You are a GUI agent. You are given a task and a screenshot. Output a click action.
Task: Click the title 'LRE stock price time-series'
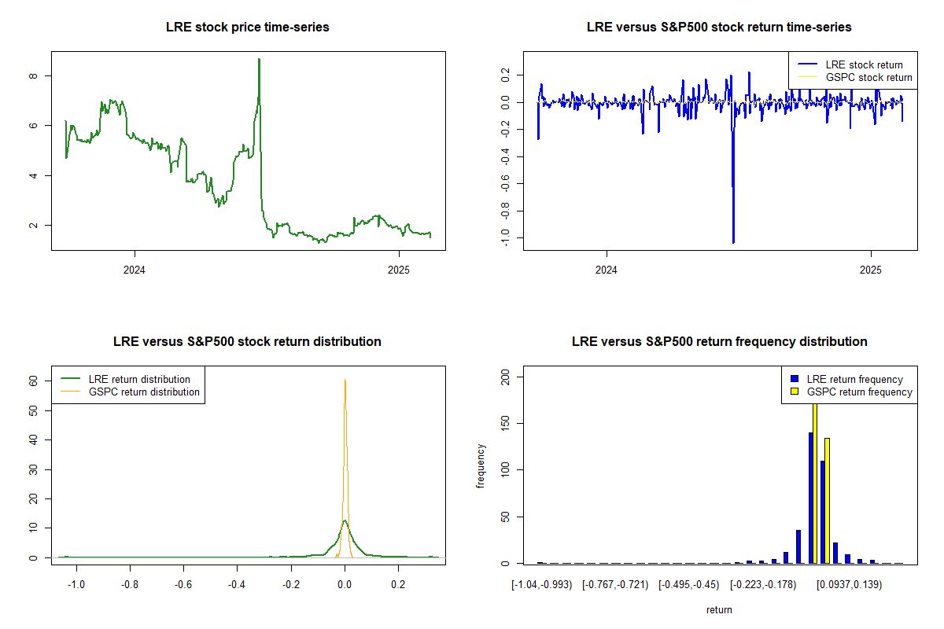click(x=248, y=28)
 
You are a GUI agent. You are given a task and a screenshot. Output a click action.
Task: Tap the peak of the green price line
click(x=259, y=59)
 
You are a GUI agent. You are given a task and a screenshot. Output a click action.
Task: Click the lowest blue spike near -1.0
click(x=733, y=242)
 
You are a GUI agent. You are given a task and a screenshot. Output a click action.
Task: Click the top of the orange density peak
click(x=345, y=380)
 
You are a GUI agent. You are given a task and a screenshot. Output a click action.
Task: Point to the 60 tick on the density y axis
click(x=34, y=380)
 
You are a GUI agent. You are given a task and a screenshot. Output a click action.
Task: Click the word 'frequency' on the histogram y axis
click(x=481, y=466)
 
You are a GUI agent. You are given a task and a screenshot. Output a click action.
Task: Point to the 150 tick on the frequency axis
click(x=505, y=424)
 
